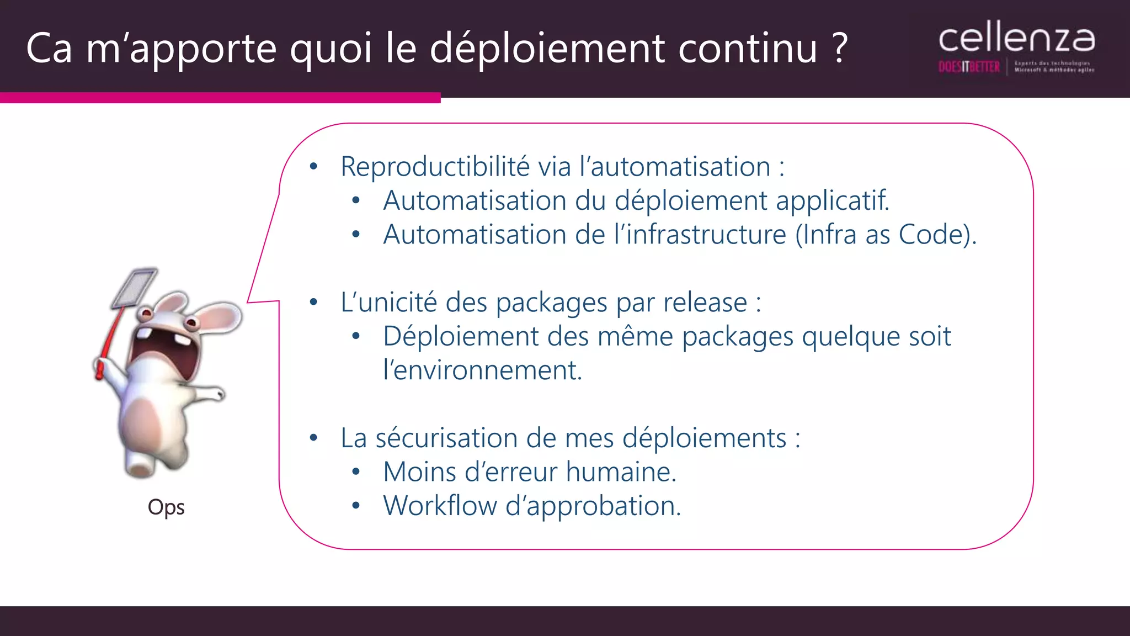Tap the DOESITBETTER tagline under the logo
[969, 67]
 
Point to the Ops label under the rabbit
[166, 507]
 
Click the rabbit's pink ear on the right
[221, 317]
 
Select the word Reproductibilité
[435, 167]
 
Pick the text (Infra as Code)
[886, 235]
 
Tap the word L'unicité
[388, 303]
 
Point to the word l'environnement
[482, 370]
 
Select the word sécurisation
[446, 438]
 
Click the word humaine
[621, 473]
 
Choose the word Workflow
[440, 506]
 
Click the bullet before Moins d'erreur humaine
[356, 473]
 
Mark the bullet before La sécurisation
[313, 438]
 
